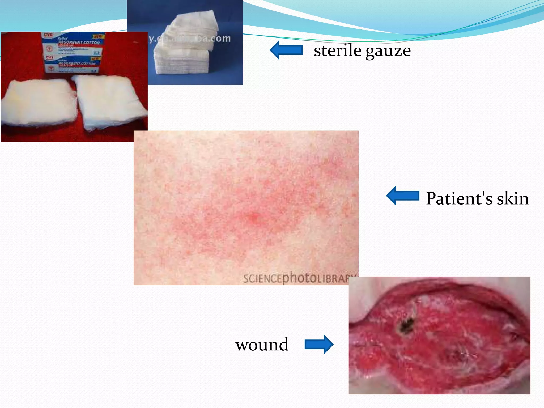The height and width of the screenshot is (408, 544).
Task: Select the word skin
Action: tap(513, 198)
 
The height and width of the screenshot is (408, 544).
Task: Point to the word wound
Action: tap(262, 345)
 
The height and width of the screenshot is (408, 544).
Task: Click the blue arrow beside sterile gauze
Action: tap(286, 50)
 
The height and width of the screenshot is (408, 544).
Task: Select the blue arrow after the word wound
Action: tap(319, 345)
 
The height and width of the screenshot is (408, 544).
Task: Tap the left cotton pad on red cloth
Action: tap(39, 102)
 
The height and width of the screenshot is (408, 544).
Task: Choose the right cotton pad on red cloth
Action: tap(109, 102)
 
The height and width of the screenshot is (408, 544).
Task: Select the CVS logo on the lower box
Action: tap(50, 57)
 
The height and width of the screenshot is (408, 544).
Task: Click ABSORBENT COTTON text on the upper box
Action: tap(79, 42)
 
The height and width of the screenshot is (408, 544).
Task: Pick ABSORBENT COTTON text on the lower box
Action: tap(77, 63)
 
